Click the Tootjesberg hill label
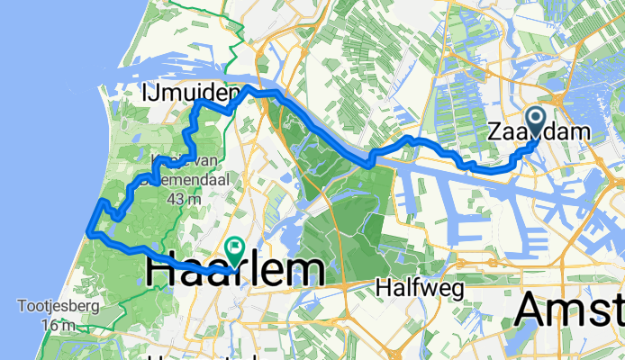(x=55, y=305)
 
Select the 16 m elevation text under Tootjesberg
(x=56, y=323)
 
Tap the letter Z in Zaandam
(x=494, y=132)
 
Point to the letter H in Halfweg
(x=381, y=288)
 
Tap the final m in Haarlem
(x=309, y=271)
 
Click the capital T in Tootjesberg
(x=21, y=305)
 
